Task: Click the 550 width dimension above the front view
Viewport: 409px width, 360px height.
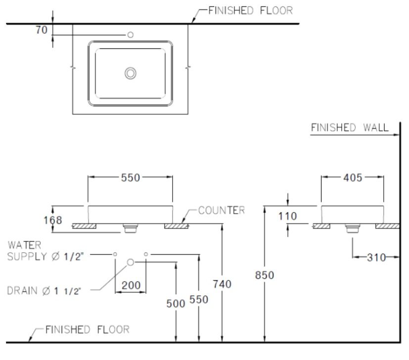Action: pyautogui.click(x=131, y=178)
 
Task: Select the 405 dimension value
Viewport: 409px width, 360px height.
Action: pyautogui.click(x=352, y=178)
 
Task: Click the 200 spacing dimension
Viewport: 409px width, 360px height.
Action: pyautogui.click(x=131, y=285)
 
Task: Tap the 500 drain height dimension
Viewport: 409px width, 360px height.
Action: pyautogui.click(x=176, y=303)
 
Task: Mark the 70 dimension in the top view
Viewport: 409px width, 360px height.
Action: pyautogui.click(x=42, y=30)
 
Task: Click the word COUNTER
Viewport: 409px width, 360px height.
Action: pyautogui.click(x=221, y=210)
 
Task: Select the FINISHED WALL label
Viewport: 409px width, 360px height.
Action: pyautogui.click(x=349, y=128)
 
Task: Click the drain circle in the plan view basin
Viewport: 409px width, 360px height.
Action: pyautogui.click(x=131, y=74)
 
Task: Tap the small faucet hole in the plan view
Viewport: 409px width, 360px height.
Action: pyautogui.click(x=131, y=35)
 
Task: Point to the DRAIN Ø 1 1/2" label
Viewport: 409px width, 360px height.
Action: pyautogui.click(x=47, y=291)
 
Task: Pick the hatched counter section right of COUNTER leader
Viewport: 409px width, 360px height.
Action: pyautogui.click(x=176, y=226)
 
